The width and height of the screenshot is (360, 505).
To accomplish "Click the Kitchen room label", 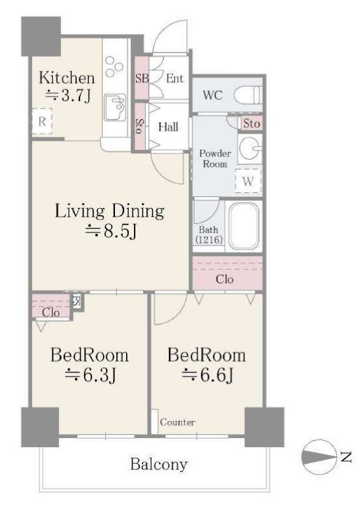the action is (x=67, y=78).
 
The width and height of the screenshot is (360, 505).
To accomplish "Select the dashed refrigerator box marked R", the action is (x=42, y=121).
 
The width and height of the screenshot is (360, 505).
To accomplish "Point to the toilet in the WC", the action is (x=248, y=95).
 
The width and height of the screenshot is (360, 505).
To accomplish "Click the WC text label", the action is (x=212, y=95).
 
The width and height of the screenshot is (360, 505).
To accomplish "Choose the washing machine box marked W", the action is (x=248, y=181).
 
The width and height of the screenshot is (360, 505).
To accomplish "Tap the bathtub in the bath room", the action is (x=243, y=226).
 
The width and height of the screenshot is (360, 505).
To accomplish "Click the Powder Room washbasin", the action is (x=250, y=148).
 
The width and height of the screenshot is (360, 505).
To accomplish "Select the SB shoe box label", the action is (x=142, y=78).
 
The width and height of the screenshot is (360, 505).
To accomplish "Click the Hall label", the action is (x=168, y=127).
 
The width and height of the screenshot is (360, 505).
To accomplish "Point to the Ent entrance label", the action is (x=174, y=78).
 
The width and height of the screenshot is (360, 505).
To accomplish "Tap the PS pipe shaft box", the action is (x=77, y=301).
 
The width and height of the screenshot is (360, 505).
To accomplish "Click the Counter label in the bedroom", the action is (x=177, y=422).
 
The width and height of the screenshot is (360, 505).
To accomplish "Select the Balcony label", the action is (x=158, y=464).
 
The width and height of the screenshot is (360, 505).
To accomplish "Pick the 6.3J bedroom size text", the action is (x=90, y=375).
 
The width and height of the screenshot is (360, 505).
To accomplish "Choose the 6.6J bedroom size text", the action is (x=208, y=375).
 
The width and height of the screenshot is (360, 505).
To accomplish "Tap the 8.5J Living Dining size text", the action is (x=111, y=231).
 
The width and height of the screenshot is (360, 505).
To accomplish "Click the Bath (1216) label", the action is (x=208, y=235).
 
